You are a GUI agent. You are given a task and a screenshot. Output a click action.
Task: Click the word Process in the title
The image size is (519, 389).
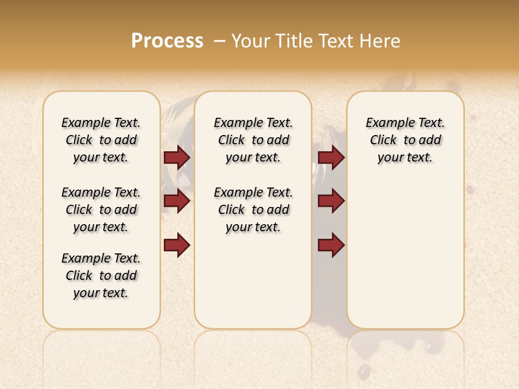point(167,41)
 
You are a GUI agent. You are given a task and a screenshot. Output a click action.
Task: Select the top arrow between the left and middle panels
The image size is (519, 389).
point(177,158)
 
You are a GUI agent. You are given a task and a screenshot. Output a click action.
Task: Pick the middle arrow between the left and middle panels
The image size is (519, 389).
point(177,201)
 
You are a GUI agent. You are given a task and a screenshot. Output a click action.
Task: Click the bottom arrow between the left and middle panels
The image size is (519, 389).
point(177,245)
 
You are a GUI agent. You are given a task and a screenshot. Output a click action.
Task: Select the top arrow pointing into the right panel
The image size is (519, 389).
point(331,158)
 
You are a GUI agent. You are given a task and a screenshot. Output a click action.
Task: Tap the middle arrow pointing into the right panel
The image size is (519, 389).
point(331,201)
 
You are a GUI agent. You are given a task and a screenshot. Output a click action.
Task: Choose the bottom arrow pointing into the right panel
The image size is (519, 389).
point(331,245)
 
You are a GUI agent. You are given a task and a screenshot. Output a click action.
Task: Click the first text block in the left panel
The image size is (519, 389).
point(101,140)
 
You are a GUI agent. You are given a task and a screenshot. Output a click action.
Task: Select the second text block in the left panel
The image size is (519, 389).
point(101,210)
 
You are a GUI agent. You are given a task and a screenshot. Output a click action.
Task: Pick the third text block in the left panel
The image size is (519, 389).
point(101,276)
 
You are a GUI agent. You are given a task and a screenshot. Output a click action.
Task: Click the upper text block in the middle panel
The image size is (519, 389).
point(253,140)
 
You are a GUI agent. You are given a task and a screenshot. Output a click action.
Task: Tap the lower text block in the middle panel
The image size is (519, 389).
point(253,210)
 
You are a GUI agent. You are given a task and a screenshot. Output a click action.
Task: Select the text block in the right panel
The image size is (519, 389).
point(405,140)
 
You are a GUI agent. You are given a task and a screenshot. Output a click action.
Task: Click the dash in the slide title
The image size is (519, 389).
point(219,41)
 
